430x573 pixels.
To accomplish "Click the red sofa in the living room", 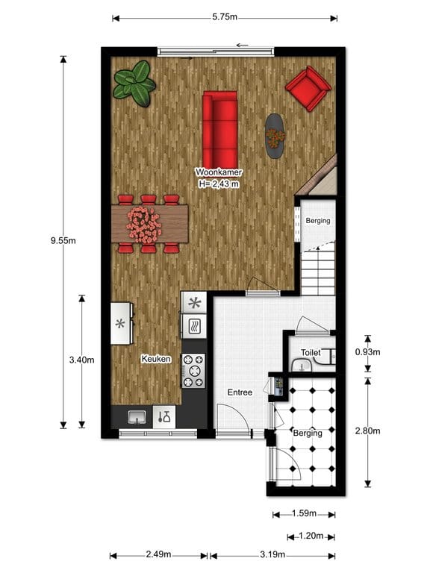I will tap(220, 128).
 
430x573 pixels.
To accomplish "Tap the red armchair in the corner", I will tap(308, 89).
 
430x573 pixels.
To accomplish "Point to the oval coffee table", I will tap(275, 136).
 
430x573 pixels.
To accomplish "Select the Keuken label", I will tap(156, 359).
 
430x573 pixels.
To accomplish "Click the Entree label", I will tap(240, 392).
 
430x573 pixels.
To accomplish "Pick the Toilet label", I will tap(311, 352).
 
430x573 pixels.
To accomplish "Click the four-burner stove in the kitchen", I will tap(194, 370).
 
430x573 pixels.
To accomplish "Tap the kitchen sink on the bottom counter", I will tap(137, 417).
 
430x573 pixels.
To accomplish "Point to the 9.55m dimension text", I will tap(63, 241).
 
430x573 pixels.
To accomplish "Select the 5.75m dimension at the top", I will tap(224, 16).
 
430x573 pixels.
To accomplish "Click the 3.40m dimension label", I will tap(81, 360).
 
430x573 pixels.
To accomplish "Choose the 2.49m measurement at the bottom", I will tap(158, 555).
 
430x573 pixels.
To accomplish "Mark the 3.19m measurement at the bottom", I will tap(272, 555).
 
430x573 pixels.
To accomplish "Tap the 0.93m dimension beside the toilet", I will tap(367, 352).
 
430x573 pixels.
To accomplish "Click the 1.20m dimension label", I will tap(311, 535).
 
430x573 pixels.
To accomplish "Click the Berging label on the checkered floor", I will tap(308, 433).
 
